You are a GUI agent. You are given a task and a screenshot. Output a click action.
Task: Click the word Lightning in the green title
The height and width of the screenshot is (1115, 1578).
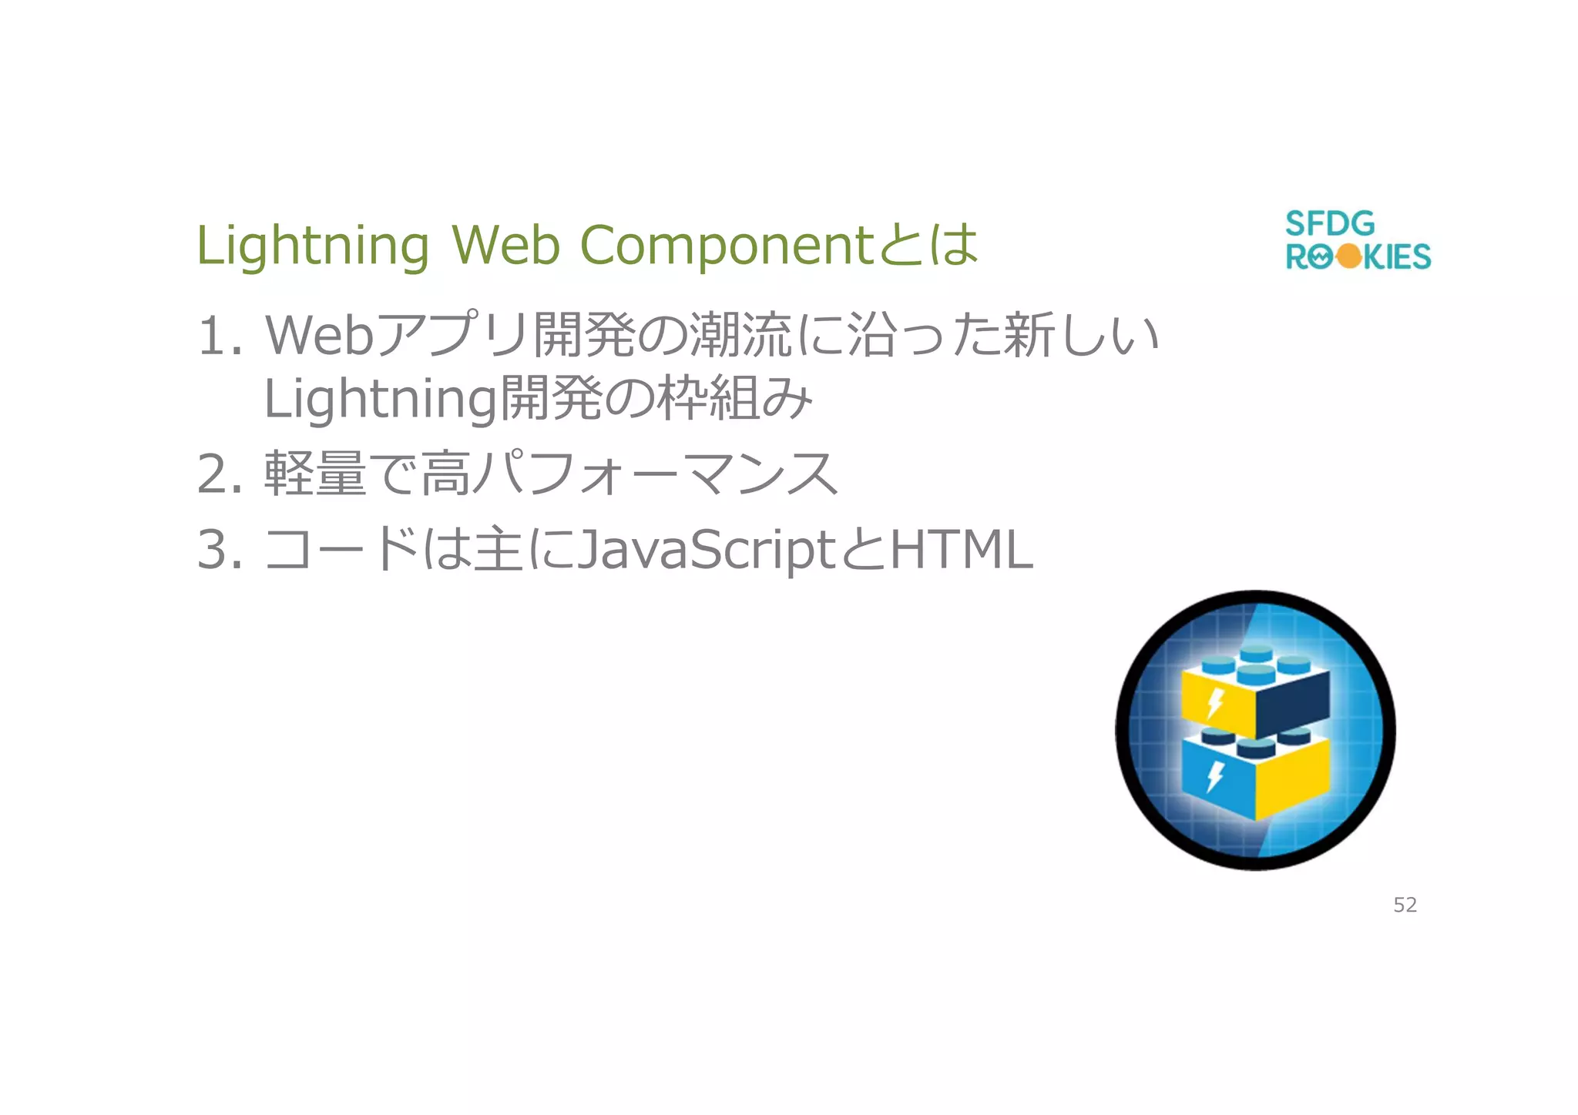click(x=312, y=246)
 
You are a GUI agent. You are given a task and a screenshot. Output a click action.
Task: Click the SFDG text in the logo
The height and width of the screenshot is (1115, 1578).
click(x=1330, y=224)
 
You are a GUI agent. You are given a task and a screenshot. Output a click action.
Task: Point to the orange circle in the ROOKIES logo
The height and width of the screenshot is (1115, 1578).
click(x=1349, y=256)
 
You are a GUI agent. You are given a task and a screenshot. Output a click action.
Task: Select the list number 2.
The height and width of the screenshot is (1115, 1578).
click(x=220, y=474)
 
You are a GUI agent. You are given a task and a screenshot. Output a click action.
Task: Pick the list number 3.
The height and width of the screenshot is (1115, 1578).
click(x=220, y=551)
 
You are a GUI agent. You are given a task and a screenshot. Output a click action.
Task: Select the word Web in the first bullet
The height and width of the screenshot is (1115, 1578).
click(x=319, y=337)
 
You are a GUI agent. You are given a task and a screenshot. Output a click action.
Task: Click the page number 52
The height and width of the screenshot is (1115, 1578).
click(x=1405, y=905)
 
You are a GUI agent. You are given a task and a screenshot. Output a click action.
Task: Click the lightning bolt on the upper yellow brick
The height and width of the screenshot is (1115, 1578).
click(x=1215, y=701)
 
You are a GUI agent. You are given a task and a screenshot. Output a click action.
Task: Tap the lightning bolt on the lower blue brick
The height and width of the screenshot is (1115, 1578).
click(x=1215, y=775)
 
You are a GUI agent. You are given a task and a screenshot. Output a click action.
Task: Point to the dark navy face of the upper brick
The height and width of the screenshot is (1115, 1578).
click(x=1293, y=701)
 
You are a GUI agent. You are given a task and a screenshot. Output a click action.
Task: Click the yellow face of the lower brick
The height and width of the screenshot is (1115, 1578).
click(x=1293, y=778)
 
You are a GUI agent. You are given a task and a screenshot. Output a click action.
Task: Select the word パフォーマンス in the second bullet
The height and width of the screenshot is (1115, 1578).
click(x=655, y=474)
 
